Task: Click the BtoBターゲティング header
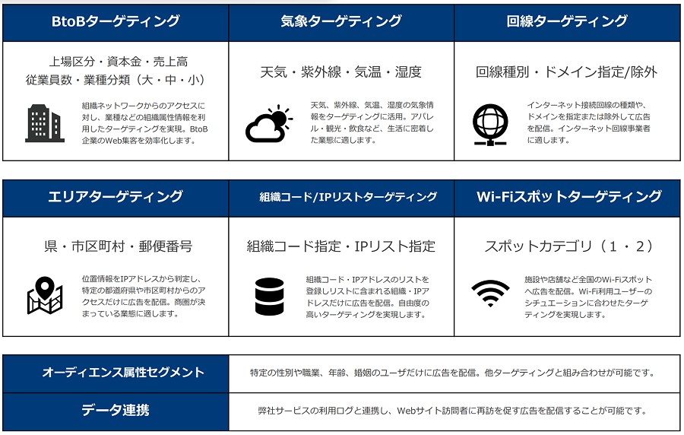(x=116, y=21)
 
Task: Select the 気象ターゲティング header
(x=341, y=21)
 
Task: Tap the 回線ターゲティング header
(x=567, y=21)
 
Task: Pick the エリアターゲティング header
(x=116, y=196)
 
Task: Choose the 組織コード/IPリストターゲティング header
(x=348, y=197)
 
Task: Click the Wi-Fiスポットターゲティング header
(x=568, y=196)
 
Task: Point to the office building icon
(x=45, y=123)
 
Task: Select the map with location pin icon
(x=45, y=295)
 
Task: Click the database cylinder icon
(x=270, y=297)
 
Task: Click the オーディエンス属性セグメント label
(x=123, y=372)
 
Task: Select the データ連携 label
(x=116, y=410)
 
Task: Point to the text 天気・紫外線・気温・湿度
(x=341, y=71)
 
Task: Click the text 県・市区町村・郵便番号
(x=119, y=246)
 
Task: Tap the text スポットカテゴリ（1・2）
(x=568, y=246)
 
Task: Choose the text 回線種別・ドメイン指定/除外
(x=567, y=71)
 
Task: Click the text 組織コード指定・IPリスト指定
(x=341, y=246)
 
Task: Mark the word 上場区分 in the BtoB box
(x=71, y=62)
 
